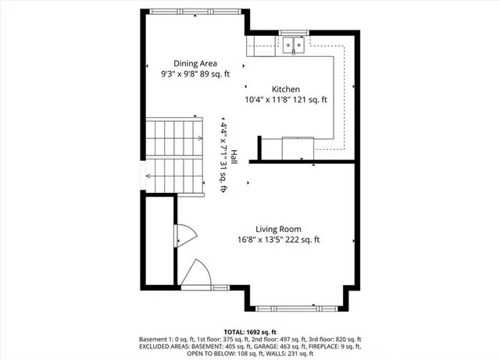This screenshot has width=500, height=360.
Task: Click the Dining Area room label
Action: (195, 63)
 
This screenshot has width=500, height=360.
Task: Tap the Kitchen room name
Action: (286, 89)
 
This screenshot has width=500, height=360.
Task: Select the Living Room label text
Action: (280, 230)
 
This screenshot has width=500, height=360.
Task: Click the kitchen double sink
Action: (294, 45)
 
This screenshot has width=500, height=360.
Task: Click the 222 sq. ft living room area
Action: (305, 240)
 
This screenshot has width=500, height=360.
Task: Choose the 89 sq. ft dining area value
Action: (216, 74)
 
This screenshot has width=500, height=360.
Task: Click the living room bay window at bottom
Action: (298, 307)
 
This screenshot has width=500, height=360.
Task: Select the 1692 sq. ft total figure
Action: (257, 331)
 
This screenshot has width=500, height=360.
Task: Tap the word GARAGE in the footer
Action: (258, 347)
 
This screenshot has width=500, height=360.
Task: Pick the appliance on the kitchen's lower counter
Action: (299, 145)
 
